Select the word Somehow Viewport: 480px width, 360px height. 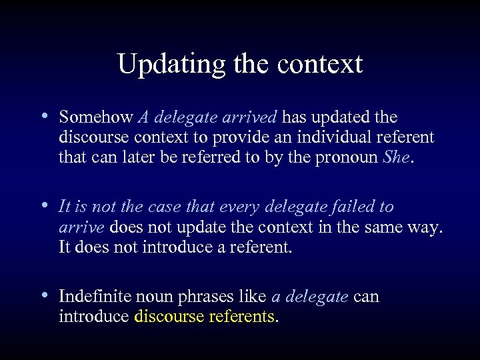coord(96,117)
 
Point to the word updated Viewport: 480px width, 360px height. coord(342,117)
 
